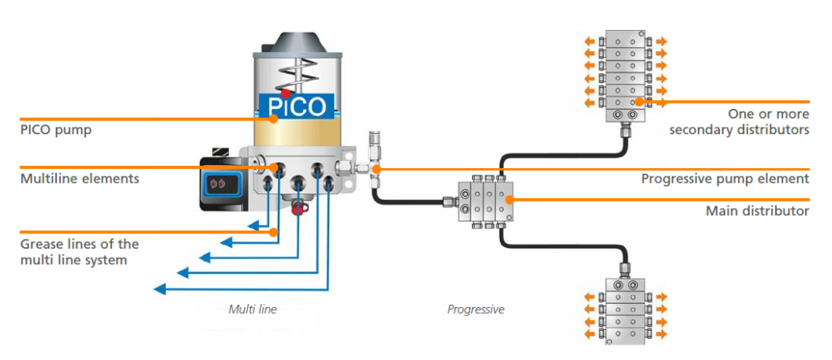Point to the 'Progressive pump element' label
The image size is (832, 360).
[725, 179]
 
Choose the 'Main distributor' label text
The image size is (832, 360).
[757, 210]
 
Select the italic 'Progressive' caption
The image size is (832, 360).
[476, 309]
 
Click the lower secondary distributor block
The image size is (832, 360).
[624, 313]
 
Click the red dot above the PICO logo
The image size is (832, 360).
[286, 93]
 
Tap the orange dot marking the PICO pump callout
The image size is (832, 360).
[275, 118]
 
